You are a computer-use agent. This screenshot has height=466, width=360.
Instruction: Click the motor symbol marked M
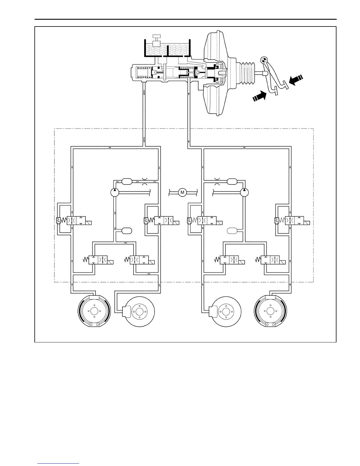[x=182, y=193]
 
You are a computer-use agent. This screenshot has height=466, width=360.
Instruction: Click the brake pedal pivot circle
[x=264, y=60]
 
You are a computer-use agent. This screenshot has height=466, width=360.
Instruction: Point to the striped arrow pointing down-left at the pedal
[x=296, y=80]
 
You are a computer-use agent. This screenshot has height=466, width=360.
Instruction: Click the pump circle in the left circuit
[x=114, y=193]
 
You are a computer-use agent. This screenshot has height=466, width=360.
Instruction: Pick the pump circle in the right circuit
[x=244, y=193]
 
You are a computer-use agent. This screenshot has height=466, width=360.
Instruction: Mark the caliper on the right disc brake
[x=213, y=311]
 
